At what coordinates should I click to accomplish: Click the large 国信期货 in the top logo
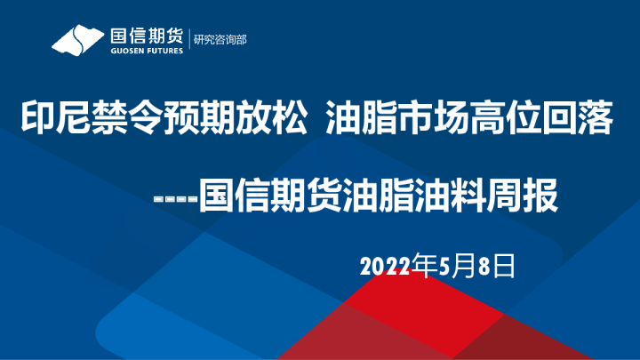pyautogui.click(x=146, y=36)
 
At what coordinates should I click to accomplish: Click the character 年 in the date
pyautogui.click(x=427, y=265)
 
